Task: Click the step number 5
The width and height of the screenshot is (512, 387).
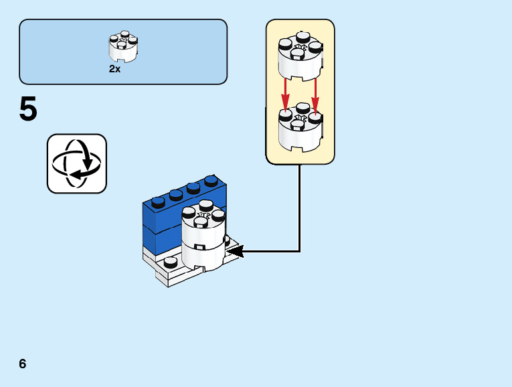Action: point(28,110)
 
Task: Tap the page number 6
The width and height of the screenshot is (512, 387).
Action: point(23,364)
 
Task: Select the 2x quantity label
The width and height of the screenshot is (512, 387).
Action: point(115,69)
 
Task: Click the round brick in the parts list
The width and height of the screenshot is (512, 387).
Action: point(123,47)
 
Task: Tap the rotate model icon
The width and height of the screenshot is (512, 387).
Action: point(76,163)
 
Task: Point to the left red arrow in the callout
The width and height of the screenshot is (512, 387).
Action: point(285,94)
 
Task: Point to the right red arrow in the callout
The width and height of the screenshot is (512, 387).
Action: point(315,94)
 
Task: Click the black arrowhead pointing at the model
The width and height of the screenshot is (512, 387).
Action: point(235,252)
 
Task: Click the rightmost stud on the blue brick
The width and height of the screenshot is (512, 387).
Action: point(211,181)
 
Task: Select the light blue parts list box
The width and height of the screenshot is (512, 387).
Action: point(123,52)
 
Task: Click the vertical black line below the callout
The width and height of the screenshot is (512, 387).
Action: point(299,208)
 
